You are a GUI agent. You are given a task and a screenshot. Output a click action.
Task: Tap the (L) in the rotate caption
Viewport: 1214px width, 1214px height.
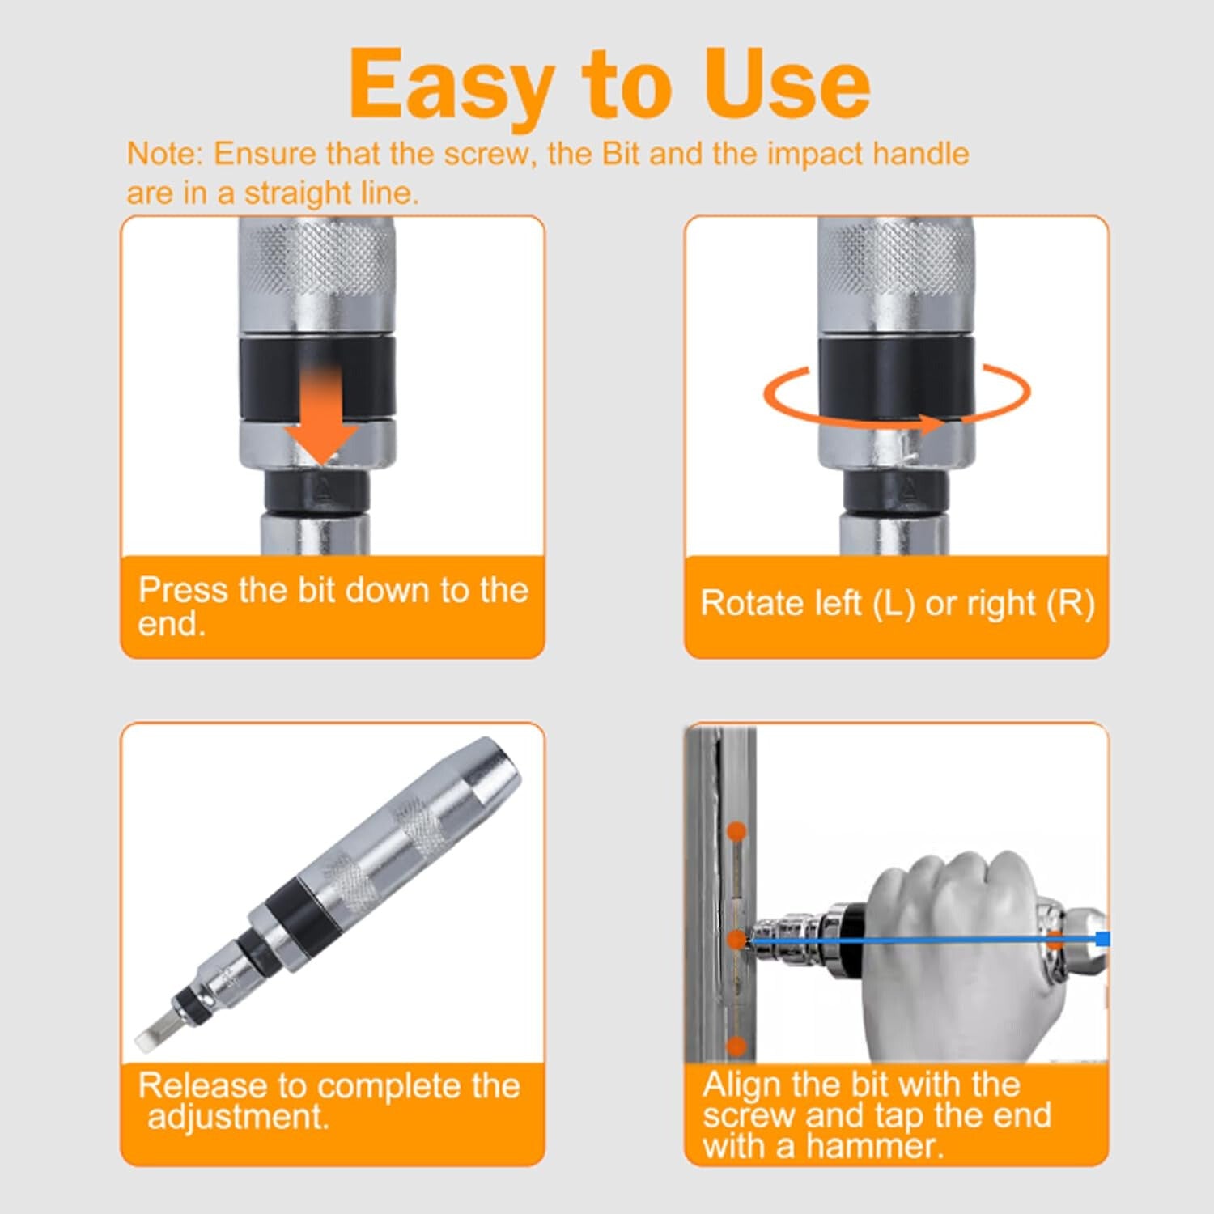click(894, 604)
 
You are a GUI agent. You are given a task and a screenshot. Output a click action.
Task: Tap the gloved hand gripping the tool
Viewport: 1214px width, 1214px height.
click(963, 947)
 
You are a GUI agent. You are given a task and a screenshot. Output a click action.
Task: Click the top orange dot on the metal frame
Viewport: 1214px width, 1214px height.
click(736, 831)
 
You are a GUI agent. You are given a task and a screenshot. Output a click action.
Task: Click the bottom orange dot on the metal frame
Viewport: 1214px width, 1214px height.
click(736, 1046)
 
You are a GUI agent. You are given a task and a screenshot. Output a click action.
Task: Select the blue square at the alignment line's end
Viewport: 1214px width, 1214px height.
click(1102, 939)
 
